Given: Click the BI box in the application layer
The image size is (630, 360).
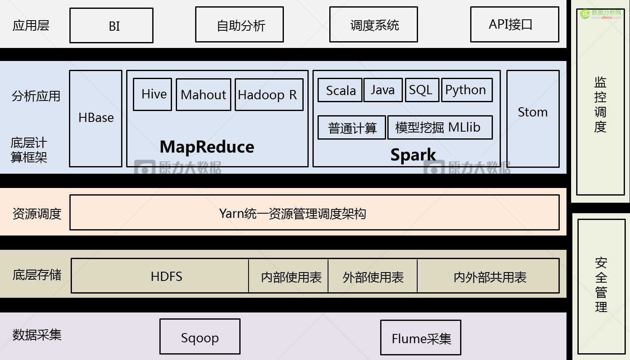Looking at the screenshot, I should [x=111, y=26].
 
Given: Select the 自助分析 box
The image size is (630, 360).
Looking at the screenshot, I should [x=239, y=25].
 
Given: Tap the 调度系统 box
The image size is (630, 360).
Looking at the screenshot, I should [x=373, y=25].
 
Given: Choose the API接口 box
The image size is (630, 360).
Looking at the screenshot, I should [x=514, y=24].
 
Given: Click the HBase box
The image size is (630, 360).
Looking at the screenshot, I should [x=96, y=118].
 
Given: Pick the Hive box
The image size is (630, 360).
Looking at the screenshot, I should [x=153, y=94].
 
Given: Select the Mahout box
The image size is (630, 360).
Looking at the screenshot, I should [x=204, y=95].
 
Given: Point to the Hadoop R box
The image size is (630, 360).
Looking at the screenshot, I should [x=269, y=95].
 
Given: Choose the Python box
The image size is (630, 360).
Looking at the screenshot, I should [x=467, y=90].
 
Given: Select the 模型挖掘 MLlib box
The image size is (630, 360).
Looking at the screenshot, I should [x=439, y=127].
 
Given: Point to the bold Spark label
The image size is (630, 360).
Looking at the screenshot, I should [x=413, y=155].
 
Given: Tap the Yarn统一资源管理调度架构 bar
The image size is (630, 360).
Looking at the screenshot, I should [x=314, y=212].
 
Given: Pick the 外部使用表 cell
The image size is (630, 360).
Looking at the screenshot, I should [x=373, y=276].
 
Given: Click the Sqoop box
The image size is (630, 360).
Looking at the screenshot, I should [x=200, y=336].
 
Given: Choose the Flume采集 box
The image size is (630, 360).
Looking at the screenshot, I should [x=421, y=337].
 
